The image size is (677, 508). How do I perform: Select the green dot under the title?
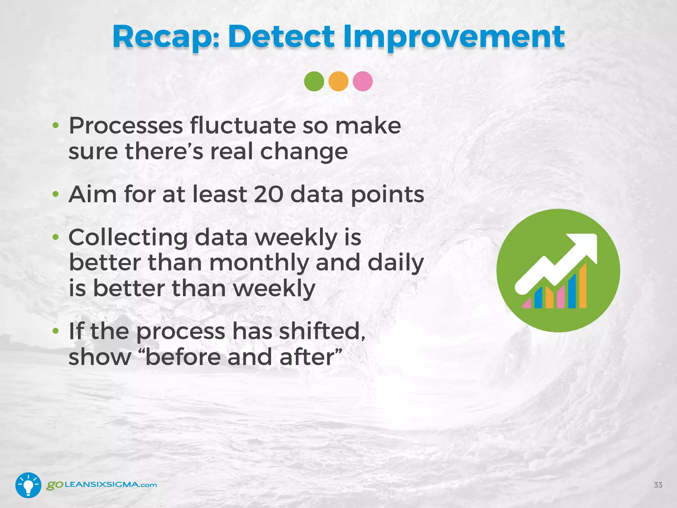(314, 81)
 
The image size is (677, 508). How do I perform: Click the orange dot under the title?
(338, 81)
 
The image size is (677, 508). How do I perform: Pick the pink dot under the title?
(363, 81)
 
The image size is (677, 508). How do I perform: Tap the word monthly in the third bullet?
(259, 263)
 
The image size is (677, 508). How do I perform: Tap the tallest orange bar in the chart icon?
(583, 286)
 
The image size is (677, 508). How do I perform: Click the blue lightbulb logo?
(28, 485)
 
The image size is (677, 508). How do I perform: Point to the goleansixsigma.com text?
(102, 485)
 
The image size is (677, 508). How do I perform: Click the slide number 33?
(658, 485)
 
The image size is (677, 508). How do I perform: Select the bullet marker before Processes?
(56, 126)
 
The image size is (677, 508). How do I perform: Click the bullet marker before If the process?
(56, 331)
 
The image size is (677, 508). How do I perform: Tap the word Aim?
(92, 194)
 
